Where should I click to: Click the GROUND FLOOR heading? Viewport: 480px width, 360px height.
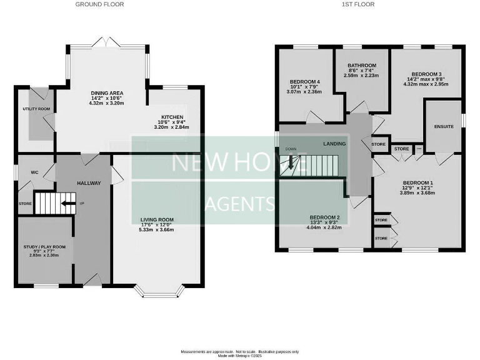tap(99, 4)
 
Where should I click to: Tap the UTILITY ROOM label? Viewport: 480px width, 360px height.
tap(36, 109)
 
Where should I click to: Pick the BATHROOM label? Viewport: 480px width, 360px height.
tap(362, 66)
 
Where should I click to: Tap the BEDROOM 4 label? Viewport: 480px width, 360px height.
tap(304, 82)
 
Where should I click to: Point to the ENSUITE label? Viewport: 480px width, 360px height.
tap(444, 126)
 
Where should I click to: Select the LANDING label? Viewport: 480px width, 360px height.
tap(334, 144)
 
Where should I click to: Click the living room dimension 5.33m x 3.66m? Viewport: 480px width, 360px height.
tap(152, 230)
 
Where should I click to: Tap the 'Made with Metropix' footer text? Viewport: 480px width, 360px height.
tap(240, 356)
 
